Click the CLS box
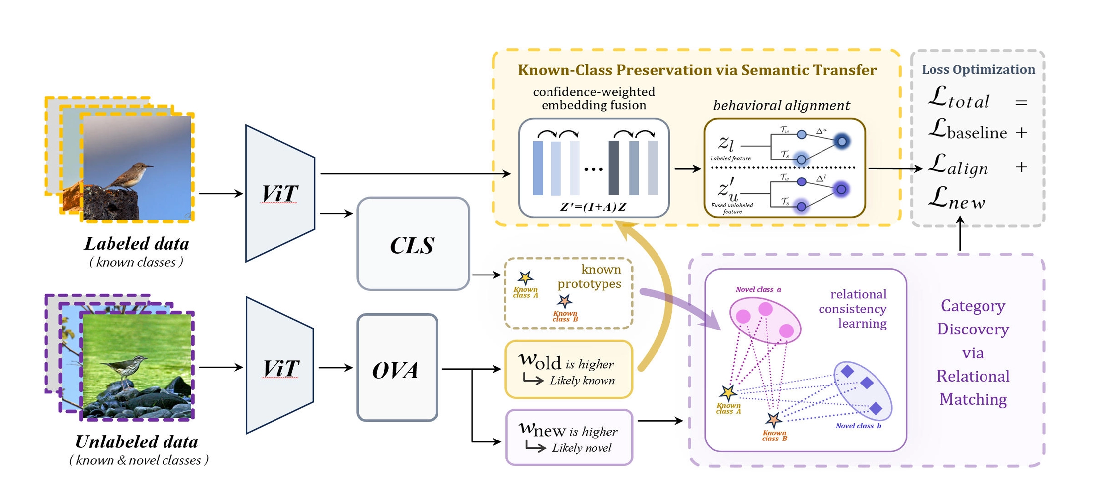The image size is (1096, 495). [413, 244]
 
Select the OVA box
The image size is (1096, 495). [397, 368]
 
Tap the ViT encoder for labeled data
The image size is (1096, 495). [280, 193]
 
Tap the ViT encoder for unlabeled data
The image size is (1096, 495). [280, 367]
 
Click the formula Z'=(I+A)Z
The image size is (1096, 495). [593, 207]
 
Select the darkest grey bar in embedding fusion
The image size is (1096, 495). [613, 167]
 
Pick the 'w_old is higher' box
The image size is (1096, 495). [568, 370]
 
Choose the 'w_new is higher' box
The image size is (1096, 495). [569, 437]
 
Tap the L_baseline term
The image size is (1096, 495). [967, 131]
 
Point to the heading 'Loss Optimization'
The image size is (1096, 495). [978, 70]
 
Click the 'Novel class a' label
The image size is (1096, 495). [758, 289]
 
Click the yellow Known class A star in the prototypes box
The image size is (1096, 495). [525, 278]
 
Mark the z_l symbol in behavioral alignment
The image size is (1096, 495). [726, 143]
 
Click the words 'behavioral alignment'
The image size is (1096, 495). [781, 105]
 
